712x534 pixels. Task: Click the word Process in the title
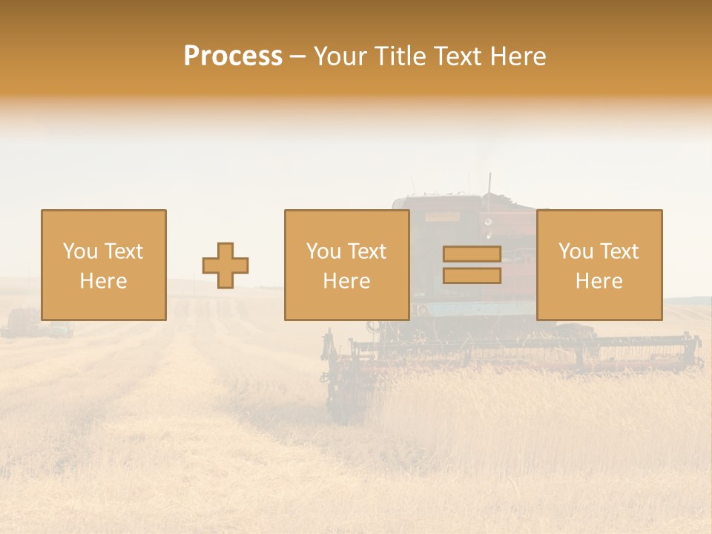(x=233, y=56)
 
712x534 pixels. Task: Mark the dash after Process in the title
(x=297, y=57)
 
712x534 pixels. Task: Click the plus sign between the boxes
(x=225, y=266)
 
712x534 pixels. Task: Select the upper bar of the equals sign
(x=472, y=254)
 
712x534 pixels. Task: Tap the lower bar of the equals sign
(x=472, y=276)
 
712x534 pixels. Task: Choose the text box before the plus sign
(x=104, y=265)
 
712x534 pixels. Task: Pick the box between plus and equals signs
(x=347, y=265)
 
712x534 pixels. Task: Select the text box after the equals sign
(x=599, y=265)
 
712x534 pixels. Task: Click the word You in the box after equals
(x=575, y=251)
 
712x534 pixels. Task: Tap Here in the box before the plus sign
(x=103, y=280)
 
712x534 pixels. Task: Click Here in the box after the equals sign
(x=599, y=280)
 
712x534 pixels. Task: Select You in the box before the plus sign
(x=79, y=251)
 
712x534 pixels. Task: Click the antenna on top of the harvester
(x=489, y=182)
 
